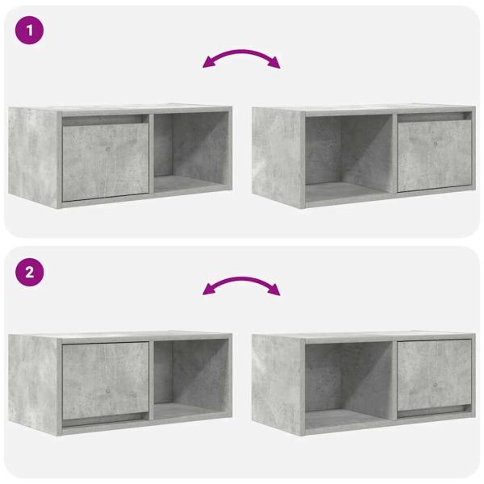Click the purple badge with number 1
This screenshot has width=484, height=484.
tap(30, 31)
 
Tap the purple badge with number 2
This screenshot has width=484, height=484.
tap(30, 272)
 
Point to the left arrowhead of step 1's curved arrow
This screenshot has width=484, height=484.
tap(207, 64)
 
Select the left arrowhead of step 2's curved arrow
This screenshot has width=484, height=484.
tap(207, 290)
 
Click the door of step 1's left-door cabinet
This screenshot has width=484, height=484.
tap(105, 161)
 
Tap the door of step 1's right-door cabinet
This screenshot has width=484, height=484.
tap(433, 156)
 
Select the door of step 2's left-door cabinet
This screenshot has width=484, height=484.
tap(105, 380)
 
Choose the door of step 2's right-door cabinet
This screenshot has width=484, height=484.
tap(433, 374)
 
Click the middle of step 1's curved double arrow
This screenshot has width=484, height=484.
tap(241, 52)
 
